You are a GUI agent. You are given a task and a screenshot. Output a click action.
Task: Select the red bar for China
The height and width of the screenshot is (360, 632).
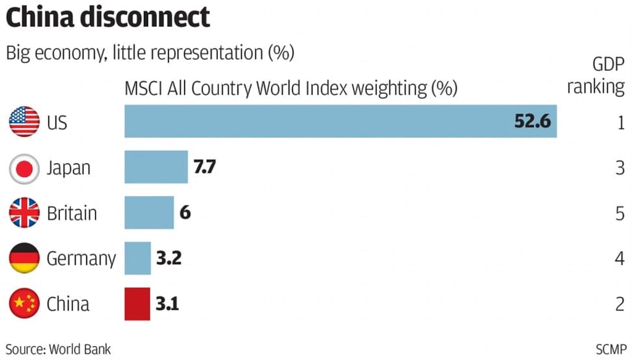coord(137,304)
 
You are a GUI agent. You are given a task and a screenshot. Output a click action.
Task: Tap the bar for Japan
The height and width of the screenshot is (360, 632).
coord(156,167)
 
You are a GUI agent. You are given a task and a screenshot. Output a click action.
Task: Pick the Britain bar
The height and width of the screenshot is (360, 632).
coord(149,212)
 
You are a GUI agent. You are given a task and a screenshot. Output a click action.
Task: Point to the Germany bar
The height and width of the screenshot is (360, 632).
coord(138,258)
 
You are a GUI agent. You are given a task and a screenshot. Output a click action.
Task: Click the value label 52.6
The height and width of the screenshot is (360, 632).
coord(532,121)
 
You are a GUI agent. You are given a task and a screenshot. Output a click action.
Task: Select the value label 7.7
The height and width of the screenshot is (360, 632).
coord(204,167)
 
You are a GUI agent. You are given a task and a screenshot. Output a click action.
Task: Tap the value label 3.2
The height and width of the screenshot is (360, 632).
coord(168,258)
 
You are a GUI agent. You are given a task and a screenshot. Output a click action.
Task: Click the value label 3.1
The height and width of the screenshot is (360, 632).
coord(167,304)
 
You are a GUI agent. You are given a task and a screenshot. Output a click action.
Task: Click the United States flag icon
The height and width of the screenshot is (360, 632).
coord(25,122)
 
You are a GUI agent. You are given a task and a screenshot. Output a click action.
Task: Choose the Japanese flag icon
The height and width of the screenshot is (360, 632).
coord(25,167)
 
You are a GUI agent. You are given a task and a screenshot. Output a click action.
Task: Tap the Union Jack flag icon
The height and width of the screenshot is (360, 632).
coord(25,213)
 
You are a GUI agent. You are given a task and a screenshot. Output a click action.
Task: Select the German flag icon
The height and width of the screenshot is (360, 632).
coord(25,259)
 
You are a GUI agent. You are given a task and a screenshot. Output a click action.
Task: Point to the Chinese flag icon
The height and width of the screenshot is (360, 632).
coord(25,304)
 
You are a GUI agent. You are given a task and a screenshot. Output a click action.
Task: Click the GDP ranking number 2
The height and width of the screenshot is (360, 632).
coord(620,304)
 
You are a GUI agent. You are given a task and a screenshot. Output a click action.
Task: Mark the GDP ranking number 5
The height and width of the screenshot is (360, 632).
coord(620,213)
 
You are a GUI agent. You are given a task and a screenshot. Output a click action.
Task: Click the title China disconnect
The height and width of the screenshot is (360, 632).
coord(108,17)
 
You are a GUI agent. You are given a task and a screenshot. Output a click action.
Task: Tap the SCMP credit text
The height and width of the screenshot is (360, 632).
coord(611,349)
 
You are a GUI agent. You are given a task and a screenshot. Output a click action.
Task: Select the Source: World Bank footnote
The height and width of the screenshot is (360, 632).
coord(59,349)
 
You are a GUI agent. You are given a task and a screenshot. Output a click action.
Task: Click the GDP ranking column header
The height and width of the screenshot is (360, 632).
coord(596,75)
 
